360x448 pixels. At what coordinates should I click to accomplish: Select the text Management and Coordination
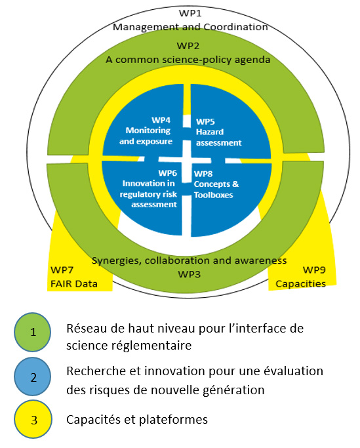coord(190,28)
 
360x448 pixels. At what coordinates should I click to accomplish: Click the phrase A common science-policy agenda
coord(188,59)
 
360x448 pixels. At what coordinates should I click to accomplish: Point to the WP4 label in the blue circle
coord(161,121)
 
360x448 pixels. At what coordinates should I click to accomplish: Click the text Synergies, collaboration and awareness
coord(189,260)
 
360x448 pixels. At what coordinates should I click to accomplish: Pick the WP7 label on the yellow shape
coord(62,271)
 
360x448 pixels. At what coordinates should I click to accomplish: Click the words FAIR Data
coord(73,284)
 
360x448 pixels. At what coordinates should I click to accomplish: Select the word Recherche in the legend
coord(92,371)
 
